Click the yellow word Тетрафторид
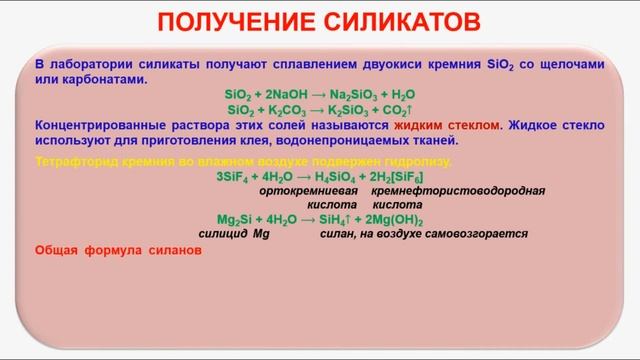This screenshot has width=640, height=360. coord(77,160)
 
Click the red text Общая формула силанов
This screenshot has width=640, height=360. coord(118,251)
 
